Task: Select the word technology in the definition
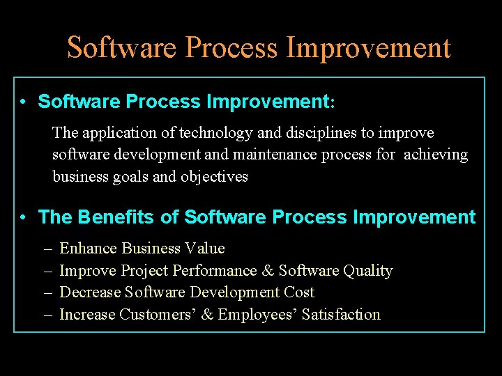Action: coord(213,132)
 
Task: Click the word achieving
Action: coord(436,155)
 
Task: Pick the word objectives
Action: coord(214,177)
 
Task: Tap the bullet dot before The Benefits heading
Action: coord(24,218)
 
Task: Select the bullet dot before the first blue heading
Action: coord(24,102)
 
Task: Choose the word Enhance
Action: coord(89,249)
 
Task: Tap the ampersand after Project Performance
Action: coord(268,271)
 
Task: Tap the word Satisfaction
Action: coord(341,315)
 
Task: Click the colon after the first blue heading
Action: coord(333,103)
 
